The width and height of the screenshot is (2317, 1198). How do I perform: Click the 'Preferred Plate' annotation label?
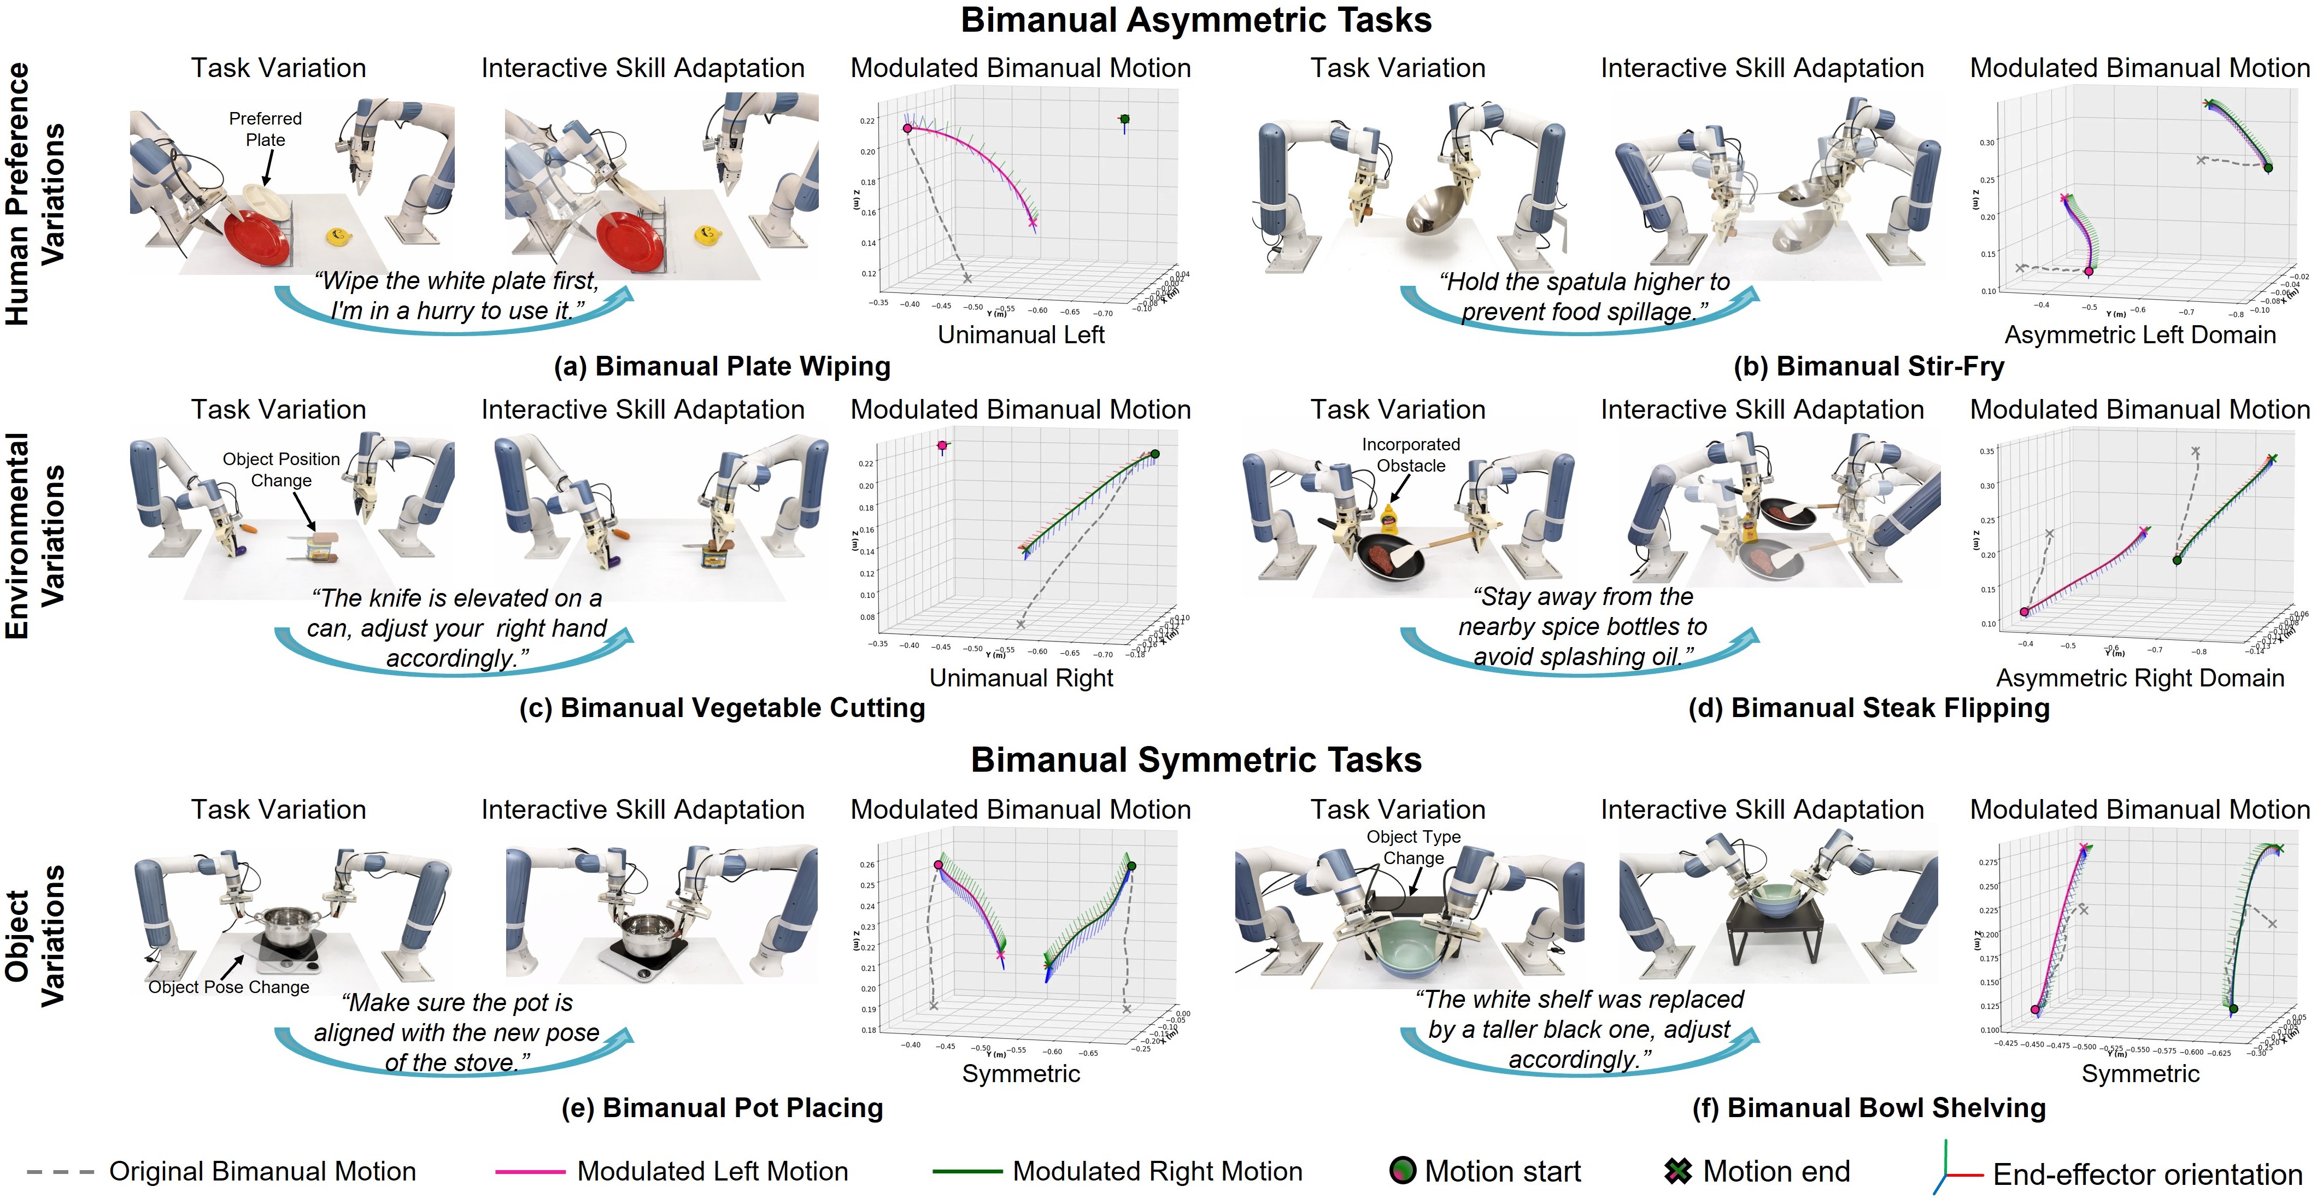265,128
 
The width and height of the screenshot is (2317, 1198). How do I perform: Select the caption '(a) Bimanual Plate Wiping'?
722,366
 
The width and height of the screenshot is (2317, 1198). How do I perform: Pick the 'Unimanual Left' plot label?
1021,334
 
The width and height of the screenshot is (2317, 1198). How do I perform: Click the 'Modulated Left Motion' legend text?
712,1171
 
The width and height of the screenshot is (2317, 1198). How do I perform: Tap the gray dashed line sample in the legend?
60,1172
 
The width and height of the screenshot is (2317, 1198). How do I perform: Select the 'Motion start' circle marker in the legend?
1402,1171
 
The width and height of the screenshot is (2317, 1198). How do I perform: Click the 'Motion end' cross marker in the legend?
1677,1171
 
